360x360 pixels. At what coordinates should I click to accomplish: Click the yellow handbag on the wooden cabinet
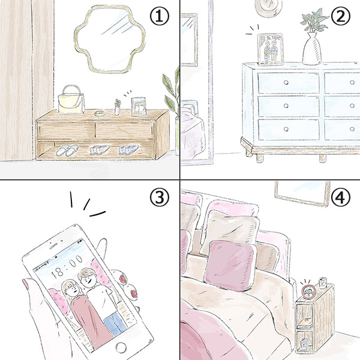click(x=72, y=100)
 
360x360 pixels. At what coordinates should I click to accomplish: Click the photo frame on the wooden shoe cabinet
click(x=140, y=106)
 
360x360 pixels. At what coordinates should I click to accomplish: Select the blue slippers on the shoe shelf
click(x=127, y=150)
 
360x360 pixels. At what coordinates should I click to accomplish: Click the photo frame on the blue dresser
click(x=269, y=49)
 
